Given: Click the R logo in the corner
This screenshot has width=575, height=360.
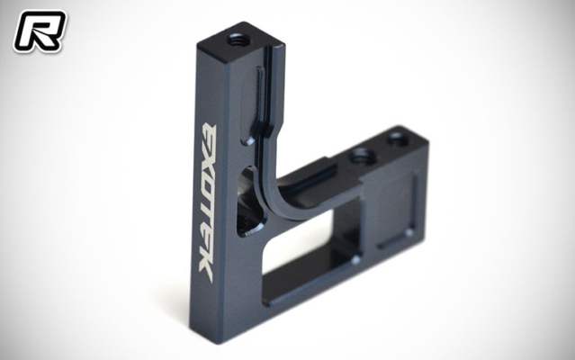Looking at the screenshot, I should (37, 29).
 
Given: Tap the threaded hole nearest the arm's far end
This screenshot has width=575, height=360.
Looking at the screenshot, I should (395, 139).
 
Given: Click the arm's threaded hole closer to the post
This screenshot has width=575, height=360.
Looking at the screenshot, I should (360, 155).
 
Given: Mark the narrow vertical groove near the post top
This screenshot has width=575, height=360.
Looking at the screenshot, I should (262, 100).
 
